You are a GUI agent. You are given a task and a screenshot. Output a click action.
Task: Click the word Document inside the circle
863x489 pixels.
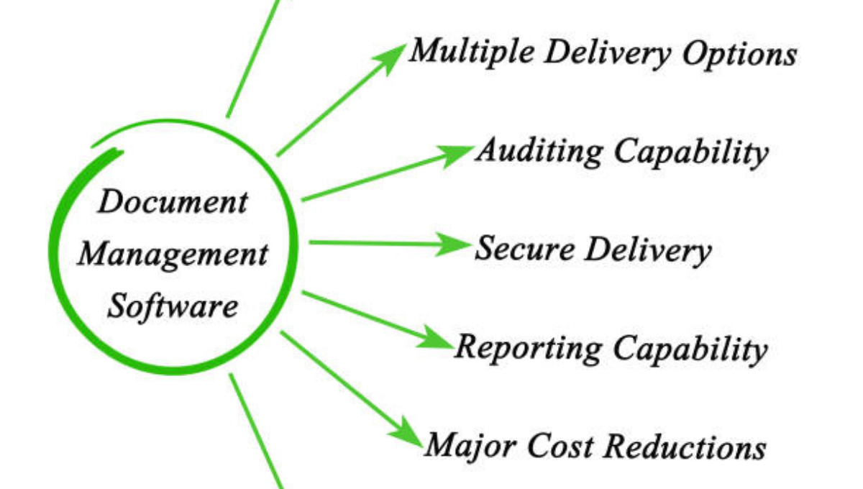172,201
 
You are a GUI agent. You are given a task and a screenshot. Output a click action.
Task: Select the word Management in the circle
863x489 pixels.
173,255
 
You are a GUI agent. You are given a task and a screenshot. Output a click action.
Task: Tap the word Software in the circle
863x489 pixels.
173,306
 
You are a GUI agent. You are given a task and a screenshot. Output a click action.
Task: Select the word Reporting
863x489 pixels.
529,349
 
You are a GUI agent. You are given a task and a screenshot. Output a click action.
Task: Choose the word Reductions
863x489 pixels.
684,447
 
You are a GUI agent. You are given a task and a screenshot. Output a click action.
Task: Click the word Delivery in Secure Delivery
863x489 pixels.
647,251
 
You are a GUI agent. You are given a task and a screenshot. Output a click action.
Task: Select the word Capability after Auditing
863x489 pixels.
691,152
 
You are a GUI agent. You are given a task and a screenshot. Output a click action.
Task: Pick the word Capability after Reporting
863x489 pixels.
691,349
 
